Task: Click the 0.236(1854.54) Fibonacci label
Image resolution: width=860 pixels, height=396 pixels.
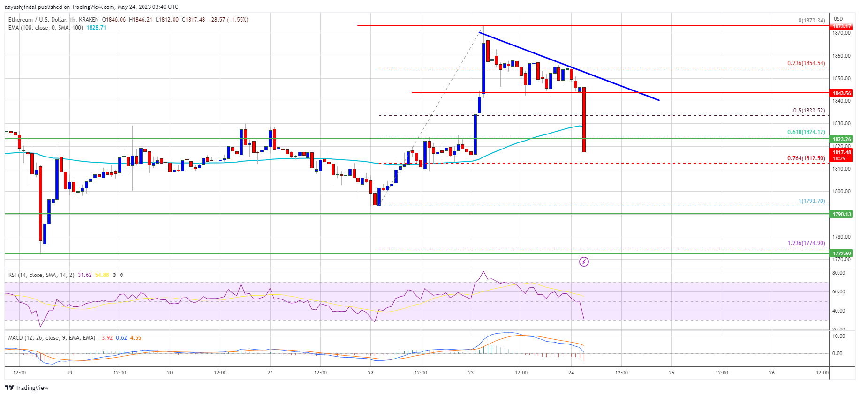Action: click(x=806, y=63)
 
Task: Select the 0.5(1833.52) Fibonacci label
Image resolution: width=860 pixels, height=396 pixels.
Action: click(x=808, y=111)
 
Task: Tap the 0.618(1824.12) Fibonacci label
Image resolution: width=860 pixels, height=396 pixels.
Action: click(x=806, y=132)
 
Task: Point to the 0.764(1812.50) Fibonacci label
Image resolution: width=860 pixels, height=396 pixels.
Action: click(x=806, y=158)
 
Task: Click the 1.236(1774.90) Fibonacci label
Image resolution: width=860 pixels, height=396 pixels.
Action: click(x=806, y=243)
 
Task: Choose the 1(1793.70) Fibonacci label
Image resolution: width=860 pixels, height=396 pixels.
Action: click(x=811, y=201)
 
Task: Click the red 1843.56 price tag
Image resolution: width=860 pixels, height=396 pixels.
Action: click(x=841, y=93)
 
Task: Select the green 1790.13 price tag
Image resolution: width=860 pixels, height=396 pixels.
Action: click(x=841, y=214)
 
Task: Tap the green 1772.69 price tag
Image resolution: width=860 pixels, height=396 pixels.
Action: click(x=841, y=254)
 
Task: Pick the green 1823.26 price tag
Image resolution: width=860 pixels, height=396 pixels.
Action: click(x=841, y=139)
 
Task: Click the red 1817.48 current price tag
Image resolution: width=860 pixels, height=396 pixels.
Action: click(x=841, y=152)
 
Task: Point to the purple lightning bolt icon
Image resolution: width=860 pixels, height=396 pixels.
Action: click(x=584, y=262)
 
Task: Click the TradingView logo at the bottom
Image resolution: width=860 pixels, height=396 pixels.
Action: click(x=27, y=388)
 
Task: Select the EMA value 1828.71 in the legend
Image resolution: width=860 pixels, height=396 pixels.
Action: click(x=96, y=28)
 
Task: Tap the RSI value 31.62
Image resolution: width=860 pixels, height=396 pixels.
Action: click(x=84, y=275)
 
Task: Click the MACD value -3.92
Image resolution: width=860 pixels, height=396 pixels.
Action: click(x=106, y=338)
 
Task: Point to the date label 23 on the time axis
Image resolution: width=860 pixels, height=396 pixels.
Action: click(x=471, y=373)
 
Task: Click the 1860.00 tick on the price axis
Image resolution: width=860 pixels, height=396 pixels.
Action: click(x=841, y=56)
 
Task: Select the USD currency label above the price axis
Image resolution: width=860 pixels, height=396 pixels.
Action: click(x=838, y=19)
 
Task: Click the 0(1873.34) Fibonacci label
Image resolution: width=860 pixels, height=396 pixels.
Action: click(x=811, y=21)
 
